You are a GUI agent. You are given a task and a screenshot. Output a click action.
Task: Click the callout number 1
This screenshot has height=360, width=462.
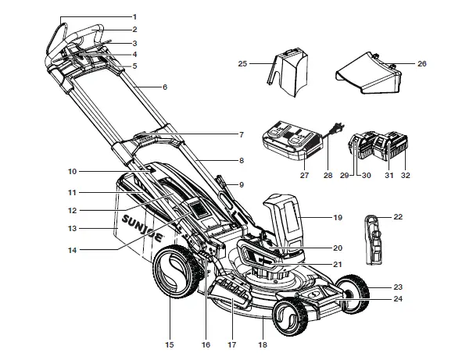(x=134, y=16)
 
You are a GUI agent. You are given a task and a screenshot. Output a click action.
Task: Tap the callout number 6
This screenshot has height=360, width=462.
(x=165, y=87)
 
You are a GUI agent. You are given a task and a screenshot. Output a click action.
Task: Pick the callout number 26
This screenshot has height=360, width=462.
(x=423, y=63)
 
